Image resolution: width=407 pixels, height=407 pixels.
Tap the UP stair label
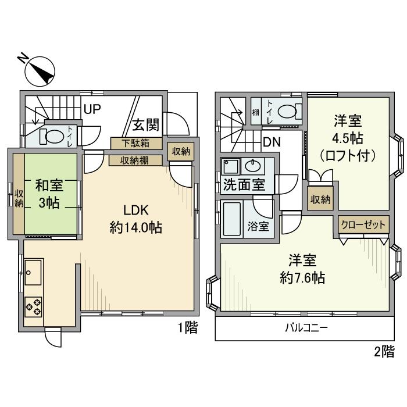point(92,109)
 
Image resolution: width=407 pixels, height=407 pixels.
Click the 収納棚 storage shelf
point(135,160)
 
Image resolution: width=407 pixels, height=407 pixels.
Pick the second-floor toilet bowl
point(287,110)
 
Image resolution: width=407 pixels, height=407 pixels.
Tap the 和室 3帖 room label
point(51,195)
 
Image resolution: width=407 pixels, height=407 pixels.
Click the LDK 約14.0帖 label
point(135,218)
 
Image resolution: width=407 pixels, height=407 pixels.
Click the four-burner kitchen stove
point(34,306)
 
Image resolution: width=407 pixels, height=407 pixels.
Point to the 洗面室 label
point(244,186)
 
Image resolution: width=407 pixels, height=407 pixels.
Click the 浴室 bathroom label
point(260,226)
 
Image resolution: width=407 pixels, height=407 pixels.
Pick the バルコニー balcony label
point(306,328)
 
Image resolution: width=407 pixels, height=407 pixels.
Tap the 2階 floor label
point(384,351)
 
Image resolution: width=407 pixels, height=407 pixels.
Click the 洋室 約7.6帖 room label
point(302,269)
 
